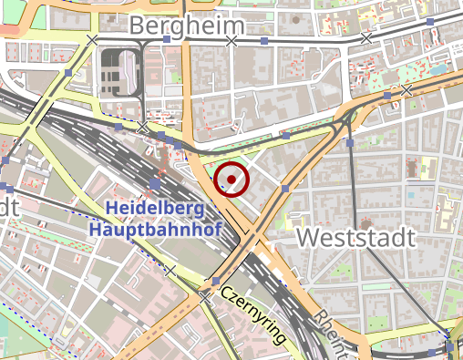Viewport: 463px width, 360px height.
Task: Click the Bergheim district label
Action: coord(188,26)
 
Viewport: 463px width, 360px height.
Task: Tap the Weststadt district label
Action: coord(356,239)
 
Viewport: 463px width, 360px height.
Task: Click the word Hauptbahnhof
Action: coord(155,229)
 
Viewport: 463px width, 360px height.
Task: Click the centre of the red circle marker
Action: coord(231,180)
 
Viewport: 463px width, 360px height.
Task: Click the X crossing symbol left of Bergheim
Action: coord(92,39)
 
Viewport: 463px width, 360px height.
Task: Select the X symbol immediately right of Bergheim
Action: coord(231,41)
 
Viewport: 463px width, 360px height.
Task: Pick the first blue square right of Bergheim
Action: coord(264,41)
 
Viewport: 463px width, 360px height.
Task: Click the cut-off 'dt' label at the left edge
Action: coord(8,207)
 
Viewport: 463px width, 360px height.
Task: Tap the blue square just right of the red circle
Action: coord(285,188)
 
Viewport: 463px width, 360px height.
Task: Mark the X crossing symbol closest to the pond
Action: coord(406,89)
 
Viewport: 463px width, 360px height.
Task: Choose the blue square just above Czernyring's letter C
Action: coord(216,280)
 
